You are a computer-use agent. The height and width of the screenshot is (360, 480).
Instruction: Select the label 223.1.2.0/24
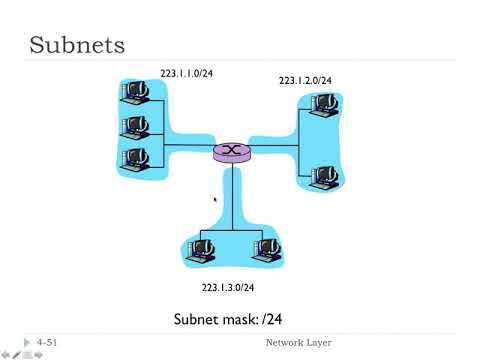(x=305, y=80)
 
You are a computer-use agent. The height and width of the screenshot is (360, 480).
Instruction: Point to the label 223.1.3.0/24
(x=228, y=288)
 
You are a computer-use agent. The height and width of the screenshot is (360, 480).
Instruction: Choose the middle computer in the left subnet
(x=134, y=127)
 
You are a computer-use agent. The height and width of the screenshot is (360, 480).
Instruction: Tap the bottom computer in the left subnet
(x=134, y=159)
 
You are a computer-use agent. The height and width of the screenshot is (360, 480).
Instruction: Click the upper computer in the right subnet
(x=321, y=105)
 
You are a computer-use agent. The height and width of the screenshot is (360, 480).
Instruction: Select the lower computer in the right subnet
(x=321, y=177)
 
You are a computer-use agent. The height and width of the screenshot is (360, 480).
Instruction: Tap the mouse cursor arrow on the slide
(x=216, y=201)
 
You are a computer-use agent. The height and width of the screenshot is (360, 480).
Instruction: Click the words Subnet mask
(x=216, y=321)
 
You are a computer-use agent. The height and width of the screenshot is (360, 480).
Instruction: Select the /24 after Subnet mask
(x=282, y=321)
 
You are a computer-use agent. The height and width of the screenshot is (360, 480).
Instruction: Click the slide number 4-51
(x=47, y=343)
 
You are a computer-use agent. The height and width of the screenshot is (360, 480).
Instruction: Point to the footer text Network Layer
(x=298, y=343)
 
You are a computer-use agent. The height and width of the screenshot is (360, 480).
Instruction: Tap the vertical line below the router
(x=232, y=195)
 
